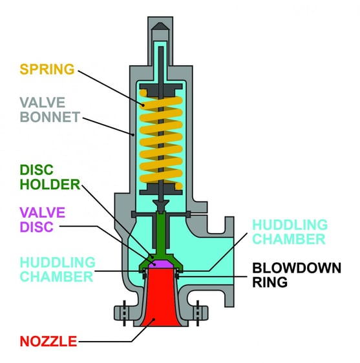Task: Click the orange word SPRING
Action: pos(47,69)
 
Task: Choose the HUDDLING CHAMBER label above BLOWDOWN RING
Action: pos(288,232)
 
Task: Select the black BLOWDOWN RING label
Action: pos(295,274)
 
